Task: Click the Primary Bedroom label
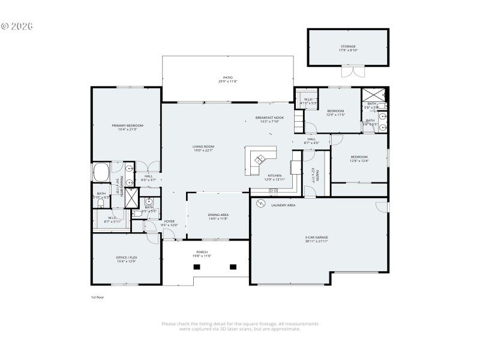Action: (127, 125)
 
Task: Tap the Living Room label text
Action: (203, 146)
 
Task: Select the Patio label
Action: (227, 77)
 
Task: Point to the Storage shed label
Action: (349, 46)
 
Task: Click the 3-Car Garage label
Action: (316, 238)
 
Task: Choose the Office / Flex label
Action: (127, 257)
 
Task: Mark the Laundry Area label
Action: (283, 205)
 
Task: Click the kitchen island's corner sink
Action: (260, 160)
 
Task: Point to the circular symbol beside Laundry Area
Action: (260, 205)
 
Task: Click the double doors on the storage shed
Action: (349, 71)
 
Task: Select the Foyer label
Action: (170, 221)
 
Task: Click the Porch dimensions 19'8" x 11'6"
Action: (202, 256)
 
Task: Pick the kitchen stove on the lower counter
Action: (274, 191)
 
